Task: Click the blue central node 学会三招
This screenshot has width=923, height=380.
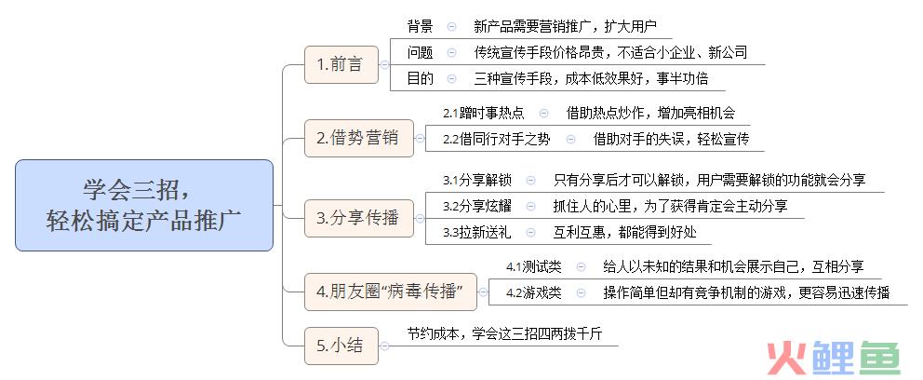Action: click(144, 205)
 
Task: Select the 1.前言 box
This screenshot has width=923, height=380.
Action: click(341, 65)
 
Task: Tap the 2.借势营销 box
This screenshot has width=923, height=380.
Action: click(359, 139)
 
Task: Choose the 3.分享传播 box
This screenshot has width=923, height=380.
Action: click(359, 219)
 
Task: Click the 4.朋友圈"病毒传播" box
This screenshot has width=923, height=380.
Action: click(390, 292)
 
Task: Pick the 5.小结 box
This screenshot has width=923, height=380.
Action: click(341, 346)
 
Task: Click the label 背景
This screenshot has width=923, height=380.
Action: click(421, 26)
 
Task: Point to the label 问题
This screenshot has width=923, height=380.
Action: click(421, 52)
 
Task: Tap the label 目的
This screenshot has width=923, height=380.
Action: click(421, 78)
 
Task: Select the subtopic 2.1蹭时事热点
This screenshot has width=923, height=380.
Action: click(483, 113)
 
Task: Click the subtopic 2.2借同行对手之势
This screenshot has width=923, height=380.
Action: click(497, 139)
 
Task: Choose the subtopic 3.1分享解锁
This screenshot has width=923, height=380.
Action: click(477, 180)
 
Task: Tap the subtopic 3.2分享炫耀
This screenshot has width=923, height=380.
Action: click(477, 206)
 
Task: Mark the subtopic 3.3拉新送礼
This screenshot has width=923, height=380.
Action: click(477, 232)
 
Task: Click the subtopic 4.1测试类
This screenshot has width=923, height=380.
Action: click(534, 267)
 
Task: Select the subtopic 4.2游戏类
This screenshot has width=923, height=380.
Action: click(534, 292)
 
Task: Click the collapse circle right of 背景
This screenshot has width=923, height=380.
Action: click(451, 26)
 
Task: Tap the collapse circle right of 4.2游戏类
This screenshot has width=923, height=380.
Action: click(581, 292)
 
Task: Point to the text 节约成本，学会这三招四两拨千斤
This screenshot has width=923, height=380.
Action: click(505, 333)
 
